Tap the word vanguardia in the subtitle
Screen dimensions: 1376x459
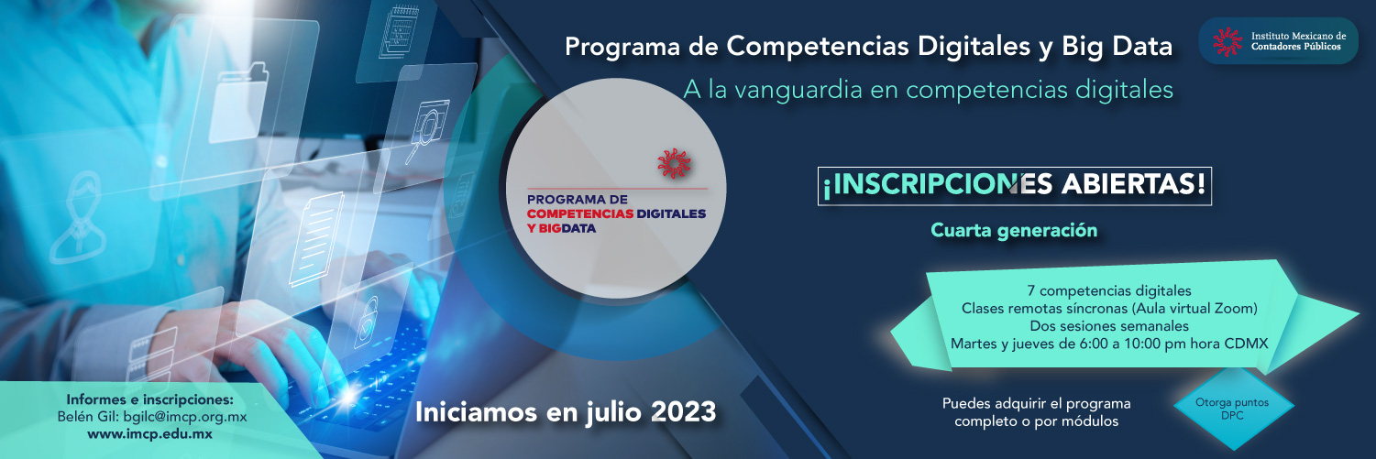797,90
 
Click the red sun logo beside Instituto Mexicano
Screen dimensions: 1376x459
1227,41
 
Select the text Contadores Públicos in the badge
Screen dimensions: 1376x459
1296,47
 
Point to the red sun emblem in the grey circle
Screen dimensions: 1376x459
674,163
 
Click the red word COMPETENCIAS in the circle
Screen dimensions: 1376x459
580,213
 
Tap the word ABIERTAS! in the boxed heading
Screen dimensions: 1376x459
1133,184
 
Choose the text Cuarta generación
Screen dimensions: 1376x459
1014,230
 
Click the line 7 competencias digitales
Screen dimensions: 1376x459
1109,290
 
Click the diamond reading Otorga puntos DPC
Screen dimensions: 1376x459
1233,408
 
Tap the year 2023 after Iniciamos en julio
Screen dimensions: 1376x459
682,411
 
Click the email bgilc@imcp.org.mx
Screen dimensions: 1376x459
185,417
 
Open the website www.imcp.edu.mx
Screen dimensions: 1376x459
150,434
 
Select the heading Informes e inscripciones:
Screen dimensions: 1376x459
150,399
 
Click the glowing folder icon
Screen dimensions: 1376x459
238,104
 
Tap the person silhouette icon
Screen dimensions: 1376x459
79,218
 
